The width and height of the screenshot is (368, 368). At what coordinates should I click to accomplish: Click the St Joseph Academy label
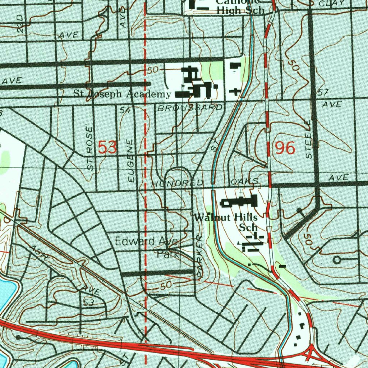[122, 94]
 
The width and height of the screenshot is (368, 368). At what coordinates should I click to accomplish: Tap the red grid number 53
[107, 148]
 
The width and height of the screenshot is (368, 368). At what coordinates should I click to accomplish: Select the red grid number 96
[285, 148]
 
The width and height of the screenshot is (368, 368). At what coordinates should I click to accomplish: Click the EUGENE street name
[132, 160]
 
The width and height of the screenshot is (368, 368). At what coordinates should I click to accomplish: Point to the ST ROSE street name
[90, 148]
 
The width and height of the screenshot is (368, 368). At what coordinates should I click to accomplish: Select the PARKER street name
[200, 256]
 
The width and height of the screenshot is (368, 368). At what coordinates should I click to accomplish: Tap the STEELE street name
[309, 139]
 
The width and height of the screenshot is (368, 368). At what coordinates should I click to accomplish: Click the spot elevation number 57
[323, 93]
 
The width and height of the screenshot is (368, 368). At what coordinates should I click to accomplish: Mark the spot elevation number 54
[125, 111]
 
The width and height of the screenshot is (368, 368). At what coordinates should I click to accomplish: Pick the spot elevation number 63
[88, 303]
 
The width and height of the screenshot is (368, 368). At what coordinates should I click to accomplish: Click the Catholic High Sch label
[240, 6]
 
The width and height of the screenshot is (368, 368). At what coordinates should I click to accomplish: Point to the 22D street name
[20, 24]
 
